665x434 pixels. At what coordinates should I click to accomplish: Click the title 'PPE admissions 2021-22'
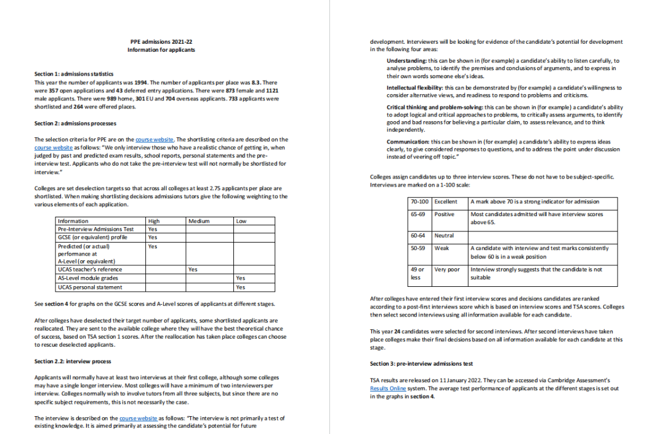pos(161,42)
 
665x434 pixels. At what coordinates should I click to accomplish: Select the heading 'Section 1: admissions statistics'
pos(74,74)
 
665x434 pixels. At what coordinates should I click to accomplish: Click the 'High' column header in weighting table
pos(154,221)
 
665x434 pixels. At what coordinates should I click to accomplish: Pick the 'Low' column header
pos(241,221)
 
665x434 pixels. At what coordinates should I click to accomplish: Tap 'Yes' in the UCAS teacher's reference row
pos(193,269)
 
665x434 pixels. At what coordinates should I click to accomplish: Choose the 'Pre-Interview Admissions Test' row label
pos(95,229)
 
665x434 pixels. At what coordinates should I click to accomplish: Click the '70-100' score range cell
pos(419,202)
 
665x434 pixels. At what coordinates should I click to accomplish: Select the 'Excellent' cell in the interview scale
pos(446,202)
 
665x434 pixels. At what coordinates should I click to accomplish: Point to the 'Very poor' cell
pos(447,270)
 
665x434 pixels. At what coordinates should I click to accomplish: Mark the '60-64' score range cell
pos(417,236)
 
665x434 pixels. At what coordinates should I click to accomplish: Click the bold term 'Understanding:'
pos(406,61)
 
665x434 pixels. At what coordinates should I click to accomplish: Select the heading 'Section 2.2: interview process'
pos(73,361)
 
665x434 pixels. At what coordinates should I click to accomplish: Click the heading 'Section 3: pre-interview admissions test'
pos(421,364)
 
